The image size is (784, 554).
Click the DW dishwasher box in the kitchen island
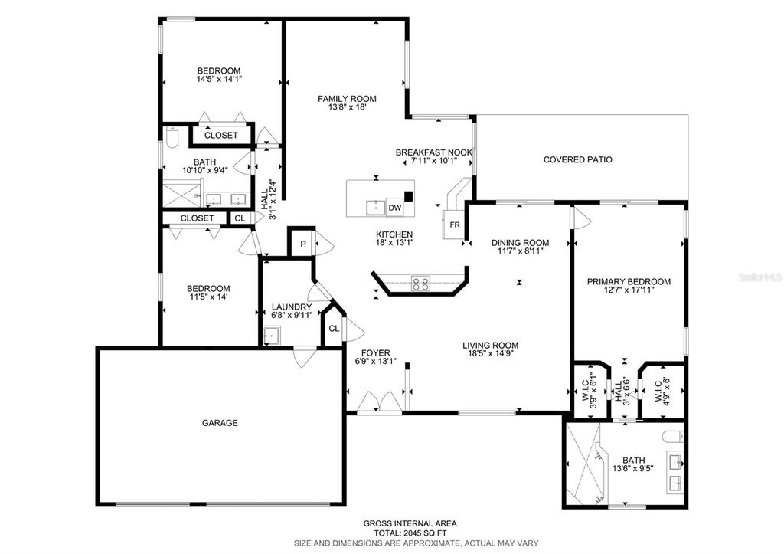(394, 208)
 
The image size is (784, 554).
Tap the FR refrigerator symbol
(454, 225)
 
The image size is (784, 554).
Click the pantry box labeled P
(302, 244)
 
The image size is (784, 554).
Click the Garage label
(220, 423)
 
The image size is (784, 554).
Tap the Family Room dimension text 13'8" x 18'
(348, 108)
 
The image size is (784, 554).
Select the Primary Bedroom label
(629, 281)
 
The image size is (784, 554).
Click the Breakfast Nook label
(433, 152)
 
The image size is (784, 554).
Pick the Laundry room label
(292, 307)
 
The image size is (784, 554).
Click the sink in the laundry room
(271, 336)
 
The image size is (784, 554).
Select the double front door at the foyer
(378, 403)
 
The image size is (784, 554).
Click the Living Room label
(491, 345)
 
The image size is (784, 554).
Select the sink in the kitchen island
(375, 207)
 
